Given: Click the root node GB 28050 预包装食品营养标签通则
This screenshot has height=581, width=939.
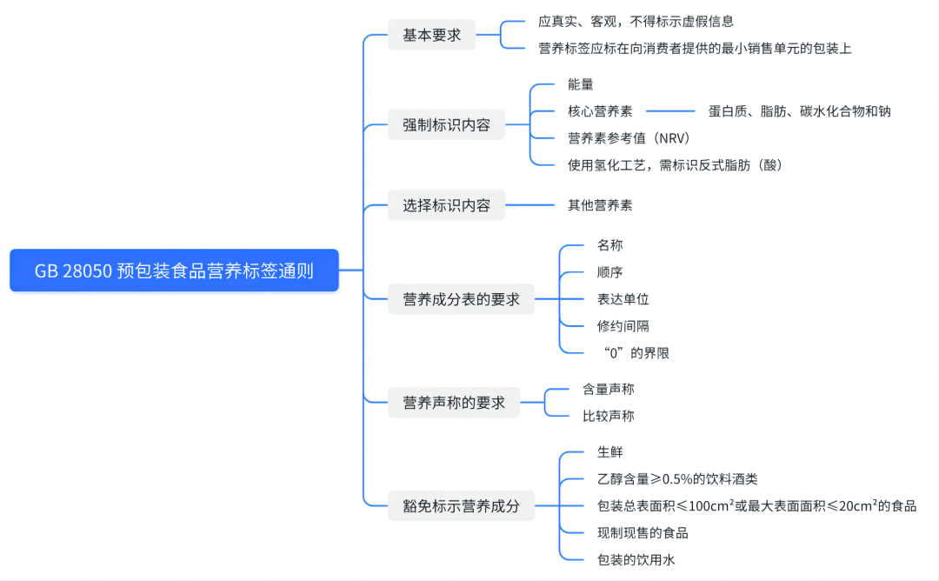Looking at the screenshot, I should tap(174, 270).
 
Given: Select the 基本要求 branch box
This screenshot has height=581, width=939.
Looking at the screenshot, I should tap(431, 35).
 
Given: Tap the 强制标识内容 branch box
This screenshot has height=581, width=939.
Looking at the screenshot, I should tap(446, 124).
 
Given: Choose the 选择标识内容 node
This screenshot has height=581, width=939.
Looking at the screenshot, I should tap(446, 205).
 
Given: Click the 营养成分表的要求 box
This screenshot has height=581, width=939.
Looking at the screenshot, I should tap(461, 298).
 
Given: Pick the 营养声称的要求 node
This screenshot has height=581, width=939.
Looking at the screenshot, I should tap(454, 403).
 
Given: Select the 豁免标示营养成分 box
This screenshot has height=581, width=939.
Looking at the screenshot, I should tap(461, 505).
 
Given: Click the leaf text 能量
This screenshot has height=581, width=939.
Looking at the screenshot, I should tap(580, 84).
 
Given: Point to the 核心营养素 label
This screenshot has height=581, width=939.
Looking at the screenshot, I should tap(600, 111).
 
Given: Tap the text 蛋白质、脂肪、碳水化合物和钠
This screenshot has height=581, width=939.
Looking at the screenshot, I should tap(799, 111).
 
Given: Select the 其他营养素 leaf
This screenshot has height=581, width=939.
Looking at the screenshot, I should tap(600, 205).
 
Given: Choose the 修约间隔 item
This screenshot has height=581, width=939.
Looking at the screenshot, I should tap(623, 326).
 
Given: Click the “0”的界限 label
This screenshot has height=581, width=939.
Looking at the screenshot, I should tap(635, 353).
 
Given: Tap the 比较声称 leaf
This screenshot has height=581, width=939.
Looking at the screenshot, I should tap(608, 416).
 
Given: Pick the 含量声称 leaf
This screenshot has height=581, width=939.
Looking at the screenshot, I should tap(608, 389).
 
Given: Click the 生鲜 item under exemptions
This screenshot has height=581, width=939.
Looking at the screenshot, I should tap(609, 451).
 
